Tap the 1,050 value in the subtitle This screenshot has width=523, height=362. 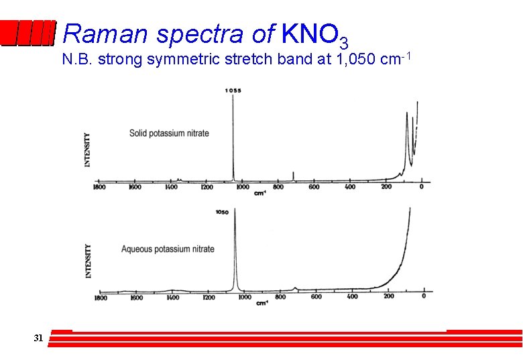pos(355,60)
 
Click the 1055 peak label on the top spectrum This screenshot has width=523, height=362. pos(233,90)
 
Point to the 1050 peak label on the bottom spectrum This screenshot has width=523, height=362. pos(222,213)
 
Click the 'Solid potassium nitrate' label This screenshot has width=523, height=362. pos(169,133)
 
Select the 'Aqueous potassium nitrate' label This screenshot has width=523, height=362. pos(168,249)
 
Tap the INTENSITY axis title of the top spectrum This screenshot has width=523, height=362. pos(88,149)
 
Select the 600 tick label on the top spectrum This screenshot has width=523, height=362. pos(314,187)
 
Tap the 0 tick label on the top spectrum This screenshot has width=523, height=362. pos(421,187)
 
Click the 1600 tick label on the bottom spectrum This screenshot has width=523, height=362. pos(136,297)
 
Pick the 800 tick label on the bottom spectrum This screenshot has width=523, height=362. pos(280,296)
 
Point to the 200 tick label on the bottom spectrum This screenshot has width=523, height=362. pos(388,296)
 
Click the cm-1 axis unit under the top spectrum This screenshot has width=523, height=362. pos(260,193)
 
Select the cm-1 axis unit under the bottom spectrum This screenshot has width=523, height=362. pos(262,303)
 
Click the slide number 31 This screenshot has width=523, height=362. pos(38,338)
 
